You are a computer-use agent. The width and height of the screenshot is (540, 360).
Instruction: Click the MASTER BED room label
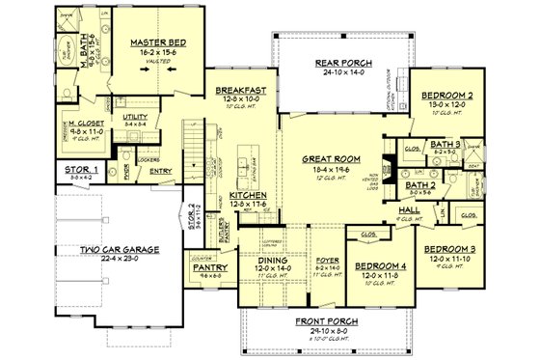[158, 44]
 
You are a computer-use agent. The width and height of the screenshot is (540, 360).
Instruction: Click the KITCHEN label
[249, 195]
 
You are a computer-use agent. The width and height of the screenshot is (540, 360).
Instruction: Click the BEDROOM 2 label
[445, 97]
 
